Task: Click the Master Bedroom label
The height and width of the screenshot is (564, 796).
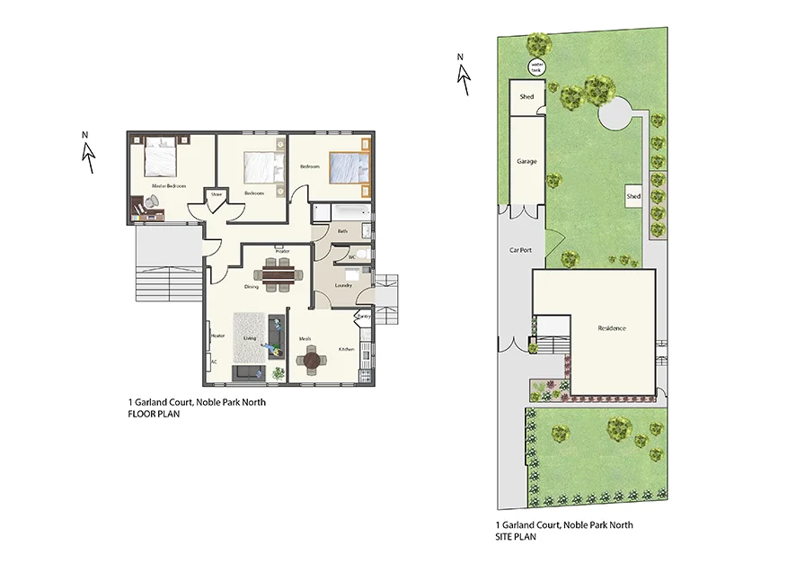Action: [169, 186]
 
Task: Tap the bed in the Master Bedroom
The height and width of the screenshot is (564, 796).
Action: [160, 157]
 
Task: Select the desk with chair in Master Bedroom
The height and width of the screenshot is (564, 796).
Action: [145, 209]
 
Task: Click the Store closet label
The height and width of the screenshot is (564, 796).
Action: [217, 193]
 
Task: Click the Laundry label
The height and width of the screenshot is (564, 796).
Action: [342, 285]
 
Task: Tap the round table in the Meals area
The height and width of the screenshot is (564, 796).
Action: [311, 360]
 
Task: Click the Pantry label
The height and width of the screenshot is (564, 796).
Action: [364, 317]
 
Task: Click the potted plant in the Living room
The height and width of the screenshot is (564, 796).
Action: [278, 372]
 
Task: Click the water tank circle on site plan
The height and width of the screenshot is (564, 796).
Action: [537, 66]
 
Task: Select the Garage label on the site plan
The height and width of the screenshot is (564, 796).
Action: [526, 162]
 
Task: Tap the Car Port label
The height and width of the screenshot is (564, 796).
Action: [521, 250]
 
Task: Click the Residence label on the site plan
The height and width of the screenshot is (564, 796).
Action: [612, 328]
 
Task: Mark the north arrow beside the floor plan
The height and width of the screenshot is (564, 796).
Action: [88, 154]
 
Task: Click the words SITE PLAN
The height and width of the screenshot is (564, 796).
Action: [516, 536]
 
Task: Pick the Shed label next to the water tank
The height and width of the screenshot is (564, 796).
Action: [527, 97]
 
